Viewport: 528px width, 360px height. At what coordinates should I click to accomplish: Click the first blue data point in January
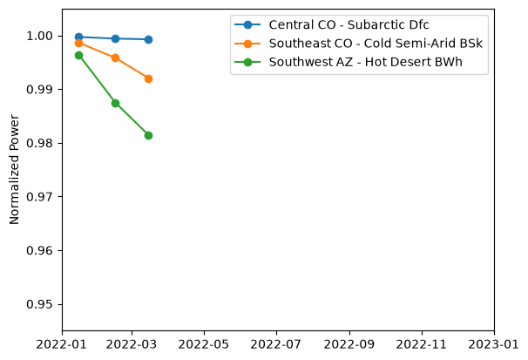pos(78,37)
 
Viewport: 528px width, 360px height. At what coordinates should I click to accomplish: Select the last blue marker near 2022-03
pos(148,40)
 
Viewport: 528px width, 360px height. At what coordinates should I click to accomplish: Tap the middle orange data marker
pos(115,58)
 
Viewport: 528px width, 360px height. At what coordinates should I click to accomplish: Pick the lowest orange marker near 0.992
pos(148,78)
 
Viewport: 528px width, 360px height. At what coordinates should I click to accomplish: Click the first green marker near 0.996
pos(78,55)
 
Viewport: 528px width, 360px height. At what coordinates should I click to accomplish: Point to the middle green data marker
pos(115,103)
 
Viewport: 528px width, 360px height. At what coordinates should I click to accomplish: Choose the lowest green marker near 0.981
pos(148,135)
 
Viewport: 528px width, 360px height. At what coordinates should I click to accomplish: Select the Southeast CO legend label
pos(376,44)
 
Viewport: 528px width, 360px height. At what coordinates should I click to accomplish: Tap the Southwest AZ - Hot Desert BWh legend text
pos(365,62)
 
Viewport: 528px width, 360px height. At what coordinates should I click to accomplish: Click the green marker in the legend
pos(247,62)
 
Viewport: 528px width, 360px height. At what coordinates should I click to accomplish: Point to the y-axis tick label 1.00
pos(39,36)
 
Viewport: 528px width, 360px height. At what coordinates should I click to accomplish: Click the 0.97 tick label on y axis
pos(39,197)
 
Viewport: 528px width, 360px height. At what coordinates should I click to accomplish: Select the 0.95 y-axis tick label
pos(39,304)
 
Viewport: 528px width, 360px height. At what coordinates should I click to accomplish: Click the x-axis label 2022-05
pos(203,344)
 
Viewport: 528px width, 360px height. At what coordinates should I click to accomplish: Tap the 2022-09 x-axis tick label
pos(349,344)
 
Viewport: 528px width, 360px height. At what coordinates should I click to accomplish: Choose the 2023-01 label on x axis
pos(494,344)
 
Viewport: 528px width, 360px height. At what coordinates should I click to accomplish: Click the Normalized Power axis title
pos(14,169)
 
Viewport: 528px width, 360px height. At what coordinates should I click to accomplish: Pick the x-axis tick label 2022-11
pos(421,344)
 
